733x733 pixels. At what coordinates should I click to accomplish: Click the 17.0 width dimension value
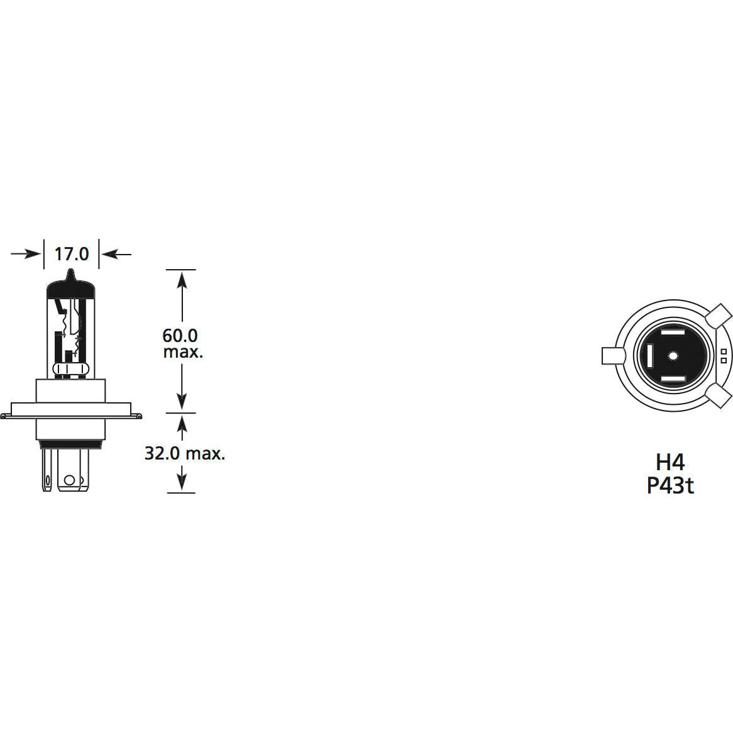(72, 254)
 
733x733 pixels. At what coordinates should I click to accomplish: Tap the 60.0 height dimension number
(180, 335)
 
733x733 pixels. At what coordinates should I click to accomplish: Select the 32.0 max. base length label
(185, 453)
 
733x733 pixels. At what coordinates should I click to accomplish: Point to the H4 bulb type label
(670, 462)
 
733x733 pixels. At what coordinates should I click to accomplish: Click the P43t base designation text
(670, 485)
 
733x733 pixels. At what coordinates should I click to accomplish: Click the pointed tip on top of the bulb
(72, 274)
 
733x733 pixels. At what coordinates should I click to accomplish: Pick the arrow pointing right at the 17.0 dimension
(25, 254)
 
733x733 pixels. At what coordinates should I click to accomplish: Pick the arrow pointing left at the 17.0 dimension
(117, 254)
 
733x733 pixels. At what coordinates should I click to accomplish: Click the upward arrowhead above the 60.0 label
(182, 277)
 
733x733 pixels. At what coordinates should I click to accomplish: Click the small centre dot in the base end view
(672, 356)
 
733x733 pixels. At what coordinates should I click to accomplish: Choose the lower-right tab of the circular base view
(719, 396)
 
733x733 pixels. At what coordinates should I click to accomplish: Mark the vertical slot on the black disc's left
(648, 356)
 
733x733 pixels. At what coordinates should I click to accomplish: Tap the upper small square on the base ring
(724, 351)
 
